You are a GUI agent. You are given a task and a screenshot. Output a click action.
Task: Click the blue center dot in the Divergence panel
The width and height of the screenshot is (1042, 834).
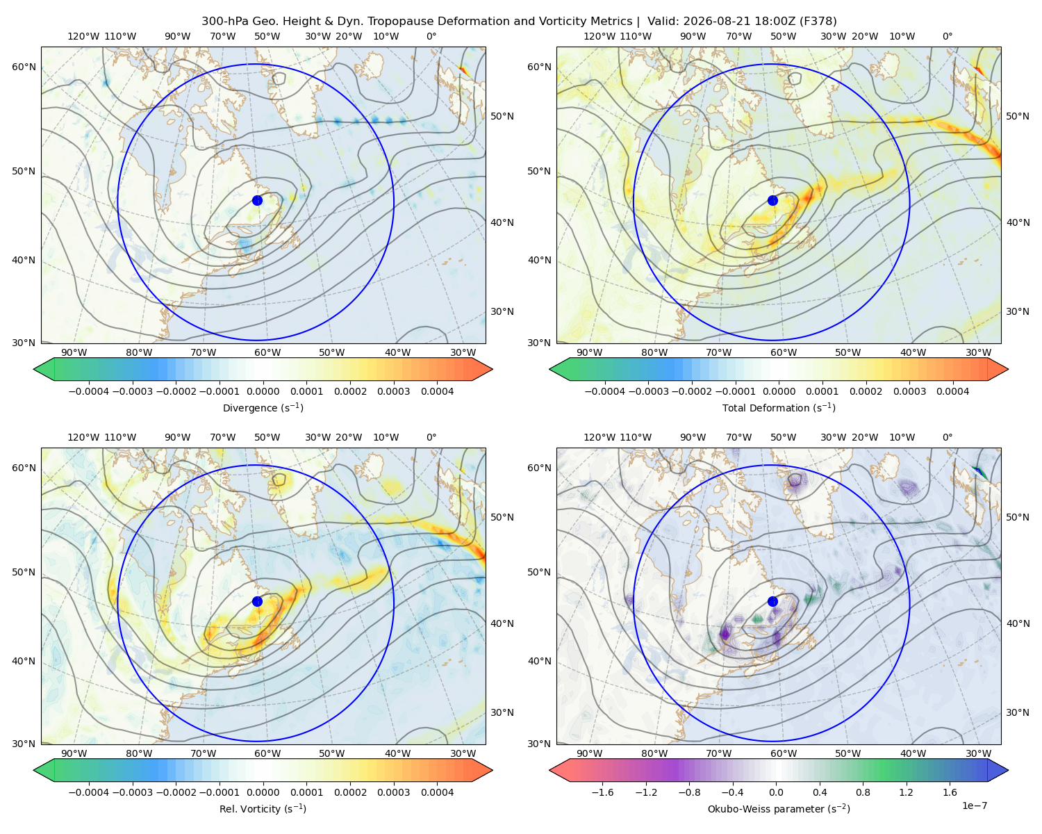[257, 200]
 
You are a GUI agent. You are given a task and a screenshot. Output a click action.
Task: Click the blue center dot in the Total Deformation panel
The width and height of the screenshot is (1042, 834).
[772, 200]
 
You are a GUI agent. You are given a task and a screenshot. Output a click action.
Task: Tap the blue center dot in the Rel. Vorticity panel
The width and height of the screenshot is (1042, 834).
[257, 601]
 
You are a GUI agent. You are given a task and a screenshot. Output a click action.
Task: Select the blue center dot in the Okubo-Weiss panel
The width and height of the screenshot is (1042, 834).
[772, 601]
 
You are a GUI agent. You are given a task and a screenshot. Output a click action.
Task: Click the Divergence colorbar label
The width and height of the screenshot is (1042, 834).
[263, 407]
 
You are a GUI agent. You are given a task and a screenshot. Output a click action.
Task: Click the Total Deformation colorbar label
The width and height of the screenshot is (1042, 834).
[779, 407]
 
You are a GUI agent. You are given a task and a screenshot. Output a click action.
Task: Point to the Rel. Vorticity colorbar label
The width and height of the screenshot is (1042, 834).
[263, 808]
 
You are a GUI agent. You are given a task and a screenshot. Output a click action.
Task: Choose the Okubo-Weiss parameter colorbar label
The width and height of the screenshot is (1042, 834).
[779, 808]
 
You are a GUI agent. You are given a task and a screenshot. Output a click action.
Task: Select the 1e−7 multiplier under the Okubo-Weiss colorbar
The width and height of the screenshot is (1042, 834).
[974, 806]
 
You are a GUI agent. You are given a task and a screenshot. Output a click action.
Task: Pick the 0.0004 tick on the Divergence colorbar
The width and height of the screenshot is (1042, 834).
[437, 391]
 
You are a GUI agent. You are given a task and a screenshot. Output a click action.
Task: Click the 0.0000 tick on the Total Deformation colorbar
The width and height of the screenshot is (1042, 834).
[779, 391]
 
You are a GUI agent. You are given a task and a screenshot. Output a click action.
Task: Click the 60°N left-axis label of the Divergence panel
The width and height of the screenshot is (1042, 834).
[24, 67]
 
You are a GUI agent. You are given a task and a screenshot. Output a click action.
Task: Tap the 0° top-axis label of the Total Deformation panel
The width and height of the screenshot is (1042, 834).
[947, 36]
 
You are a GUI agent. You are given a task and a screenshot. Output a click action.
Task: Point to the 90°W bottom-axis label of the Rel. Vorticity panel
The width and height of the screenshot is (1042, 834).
[74, 753]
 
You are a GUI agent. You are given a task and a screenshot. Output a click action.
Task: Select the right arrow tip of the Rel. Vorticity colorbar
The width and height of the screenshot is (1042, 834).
[492, 770]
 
